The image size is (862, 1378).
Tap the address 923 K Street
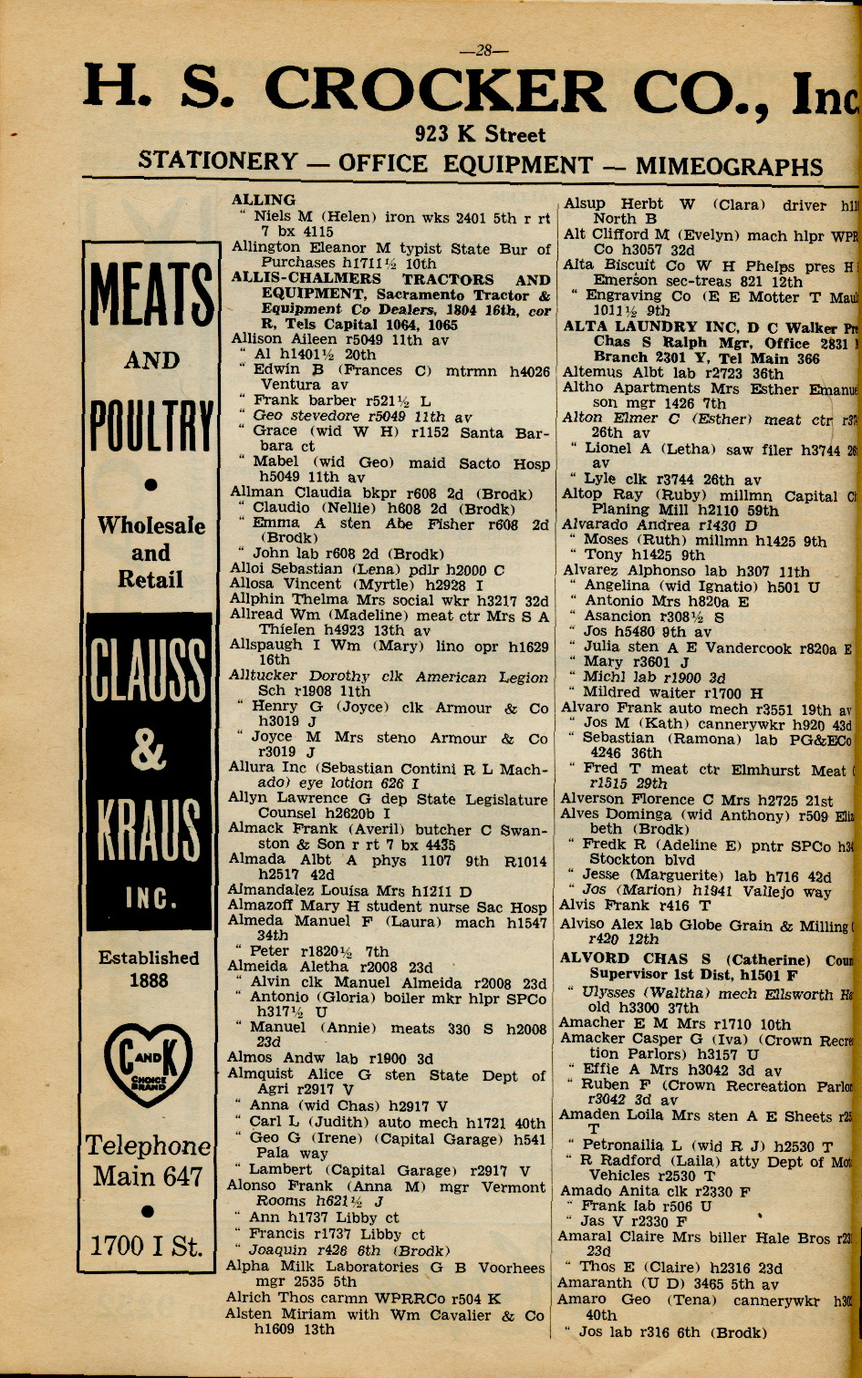(480, 135)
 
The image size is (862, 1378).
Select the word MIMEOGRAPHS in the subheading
(729, 166)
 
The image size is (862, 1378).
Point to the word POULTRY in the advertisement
(151, 425)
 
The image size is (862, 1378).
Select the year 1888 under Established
(149, 980)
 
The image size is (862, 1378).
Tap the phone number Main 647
(148, 1176)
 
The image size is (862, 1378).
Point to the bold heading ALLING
(264, 200)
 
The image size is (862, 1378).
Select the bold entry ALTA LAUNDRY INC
(663, 327)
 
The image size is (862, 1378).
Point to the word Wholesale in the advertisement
(151, 525)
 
